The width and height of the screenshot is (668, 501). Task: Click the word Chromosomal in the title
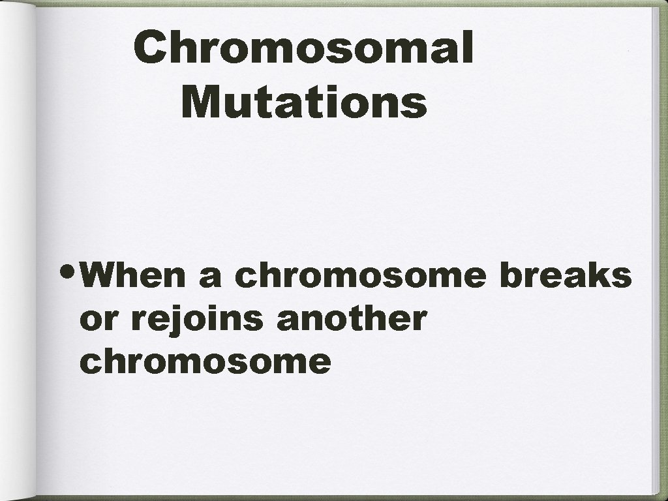point(303,50)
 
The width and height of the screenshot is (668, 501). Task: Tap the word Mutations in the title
point(305,102)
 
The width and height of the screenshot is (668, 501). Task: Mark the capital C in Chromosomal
point(151,50)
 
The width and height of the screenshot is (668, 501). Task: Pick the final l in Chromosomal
point(466,48)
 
